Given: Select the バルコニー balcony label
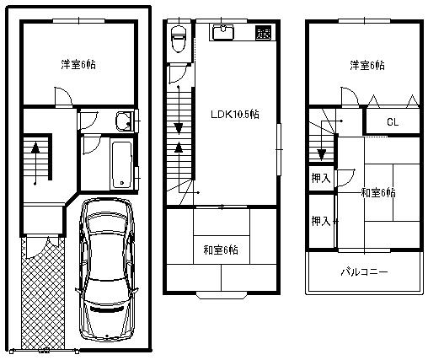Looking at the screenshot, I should tap(364, 273).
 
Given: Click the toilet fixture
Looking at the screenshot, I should tap(178, 39).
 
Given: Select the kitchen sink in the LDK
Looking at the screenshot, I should tap(222, 33).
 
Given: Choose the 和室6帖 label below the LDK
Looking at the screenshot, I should tap(220, 250).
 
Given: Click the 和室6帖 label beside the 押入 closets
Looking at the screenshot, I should tap(378, 193).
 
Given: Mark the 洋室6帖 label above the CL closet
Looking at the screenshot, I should tap(367, 64).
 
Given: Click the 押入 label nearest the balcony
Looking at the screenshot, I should tap(319, 221).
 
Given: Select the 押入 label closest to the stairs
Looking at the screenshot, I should tap(319, 178).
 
